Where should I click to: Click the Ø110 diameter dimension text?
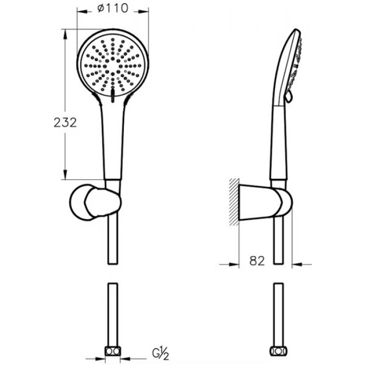113,9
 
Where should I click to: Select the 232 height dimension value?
65,122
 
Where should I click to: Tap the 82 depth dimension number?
257,261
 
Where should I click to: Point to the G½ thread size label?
161,353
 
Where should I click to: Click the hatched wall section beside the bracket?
234,202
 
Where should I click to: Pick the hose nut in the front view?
113,351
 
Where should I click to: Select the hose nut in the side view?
279,351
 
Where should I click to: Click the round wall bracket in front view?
95,202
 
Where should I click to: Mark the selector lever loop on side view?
289,96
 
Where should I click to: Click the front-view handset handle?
113,140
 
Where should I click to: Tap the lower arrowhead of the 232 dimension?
65,175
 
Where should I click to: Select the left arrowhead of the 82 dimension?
234,265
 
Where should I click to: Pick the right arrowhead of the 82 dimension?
297,265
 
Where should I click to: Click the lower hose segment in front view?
113,315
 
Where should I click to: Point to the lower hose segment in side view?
279,315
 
